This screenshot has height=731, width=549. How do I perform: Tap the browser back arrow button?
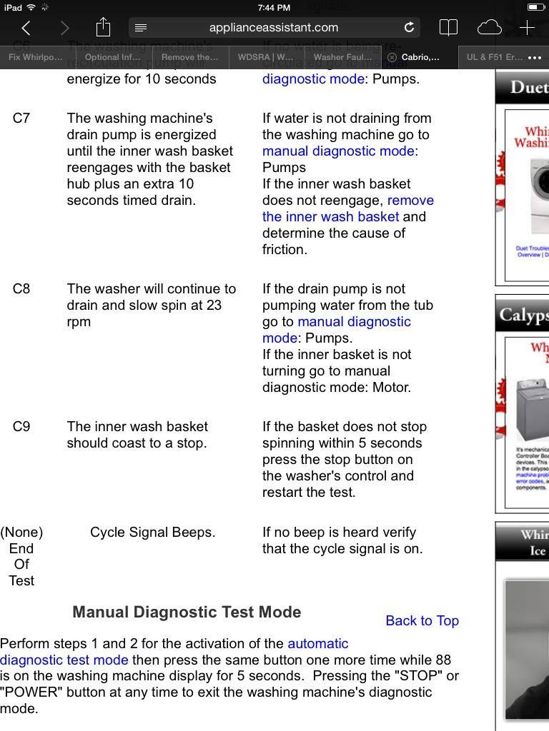point(26,28)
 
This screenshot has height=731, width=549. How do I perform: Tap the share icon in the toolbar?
point(103,27)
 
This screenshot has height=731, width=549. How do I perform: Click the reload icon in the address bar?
point(409,28)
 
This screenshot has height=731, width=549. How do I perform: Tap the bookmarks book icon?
point(448,28)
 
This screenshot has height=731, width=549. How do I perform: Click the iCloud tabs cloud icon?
point(489,28)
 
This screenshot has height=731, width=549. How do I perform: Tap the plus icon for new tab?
point(527,28)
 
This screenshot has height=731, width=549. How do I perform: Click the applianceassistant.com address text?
point(273,28)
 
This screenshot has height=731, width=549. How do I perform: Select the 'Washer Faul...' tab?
point(342,57)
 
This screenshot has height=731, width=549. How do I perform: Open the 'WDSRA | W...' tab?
point(265,57)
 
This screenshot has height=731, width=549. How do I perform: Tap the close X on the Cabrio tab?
point(392,57)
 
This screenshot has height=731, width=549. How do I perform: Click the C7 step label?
point(21,119)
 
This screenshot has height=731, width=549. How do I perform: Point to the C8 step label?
point(21,289)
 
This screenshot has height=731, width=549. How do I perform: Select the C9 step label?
point(21,427)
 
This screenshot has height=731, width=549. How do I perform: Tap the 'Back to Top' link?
point(422,621)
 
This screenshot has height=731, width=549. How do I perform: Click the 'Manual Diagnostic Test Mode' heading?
point(187,612)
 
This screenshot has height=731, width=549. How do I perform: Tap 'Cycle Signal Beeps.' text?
point(152,533)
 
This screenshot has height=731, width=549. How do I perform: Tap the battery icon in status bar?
point(535,7)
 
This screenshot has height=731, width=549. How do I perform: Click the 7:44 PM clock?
point(274,7)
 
